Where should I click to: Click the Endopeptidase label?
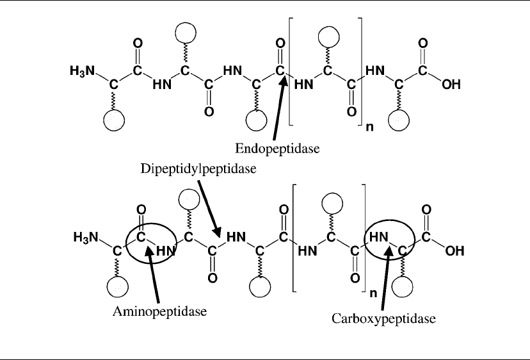(277, 149)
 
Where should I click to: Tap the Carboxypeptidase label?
(378, 318)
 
